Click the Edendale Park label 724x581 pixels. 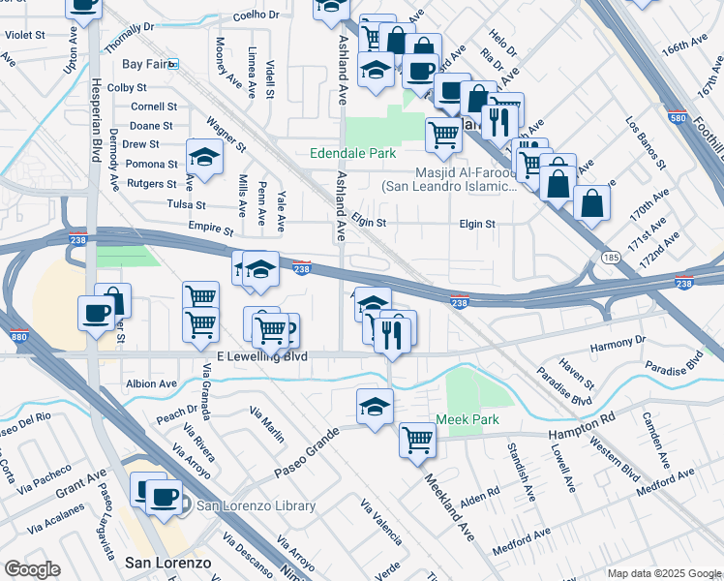353,154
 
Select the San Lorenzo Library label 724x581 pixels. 256,505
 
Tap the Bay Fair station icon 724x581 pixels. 173,64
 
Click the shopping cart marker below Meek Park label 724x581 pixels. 418,440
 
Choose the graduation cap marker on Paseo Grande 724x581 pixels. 375,407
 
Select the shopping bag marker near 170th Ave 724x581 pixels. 591,202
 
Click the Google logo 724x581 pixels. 34,569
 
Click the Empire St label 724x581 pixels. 214,231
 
